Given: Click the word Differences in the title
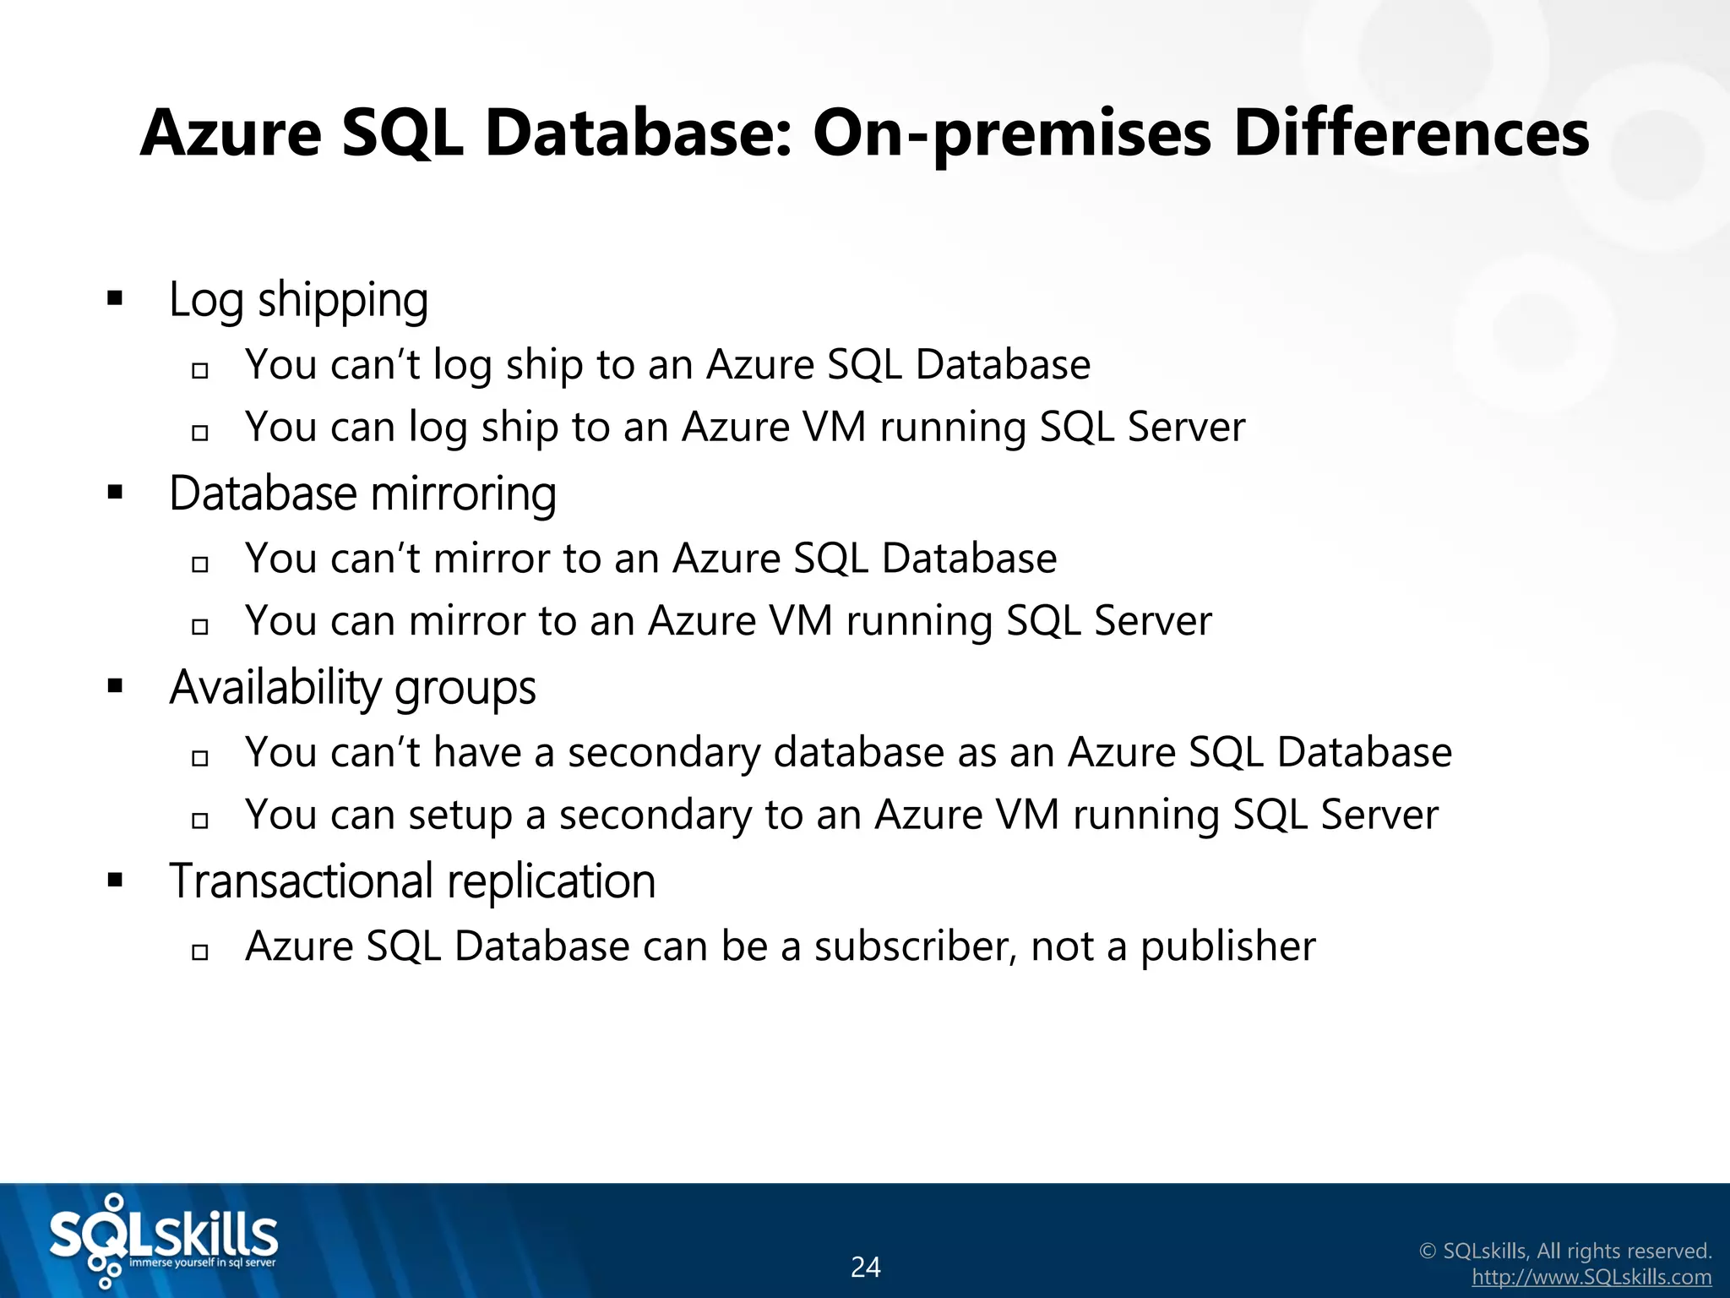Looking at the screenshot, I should point(1411,134).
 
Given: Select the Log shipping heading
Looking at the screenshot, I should point(298,300).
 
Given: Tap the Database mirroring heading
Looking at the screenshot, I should point(362,494).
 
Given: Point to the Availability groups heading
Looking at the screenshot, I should point(352,687).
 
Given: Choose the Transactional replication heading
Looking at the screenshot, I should point(412,881).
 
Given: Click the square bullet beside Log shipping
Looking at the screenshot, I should point(116,298).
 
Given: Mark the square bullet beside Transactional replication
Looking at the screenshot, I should point(116,881).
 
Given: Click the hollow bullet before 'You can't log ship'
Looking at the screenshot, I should point(200,370).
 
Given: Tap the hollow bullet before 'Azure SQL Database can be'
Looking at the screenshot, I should point(200,952).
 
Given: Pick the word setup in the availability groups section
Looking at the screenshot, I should point(460,816).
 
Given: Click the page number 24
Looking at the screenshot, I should point(865,1267).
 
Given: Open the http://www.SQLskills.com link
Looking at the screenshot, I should point(1591,1278).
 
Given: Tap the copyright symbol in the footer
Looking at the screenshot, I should point(1428,1252).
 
